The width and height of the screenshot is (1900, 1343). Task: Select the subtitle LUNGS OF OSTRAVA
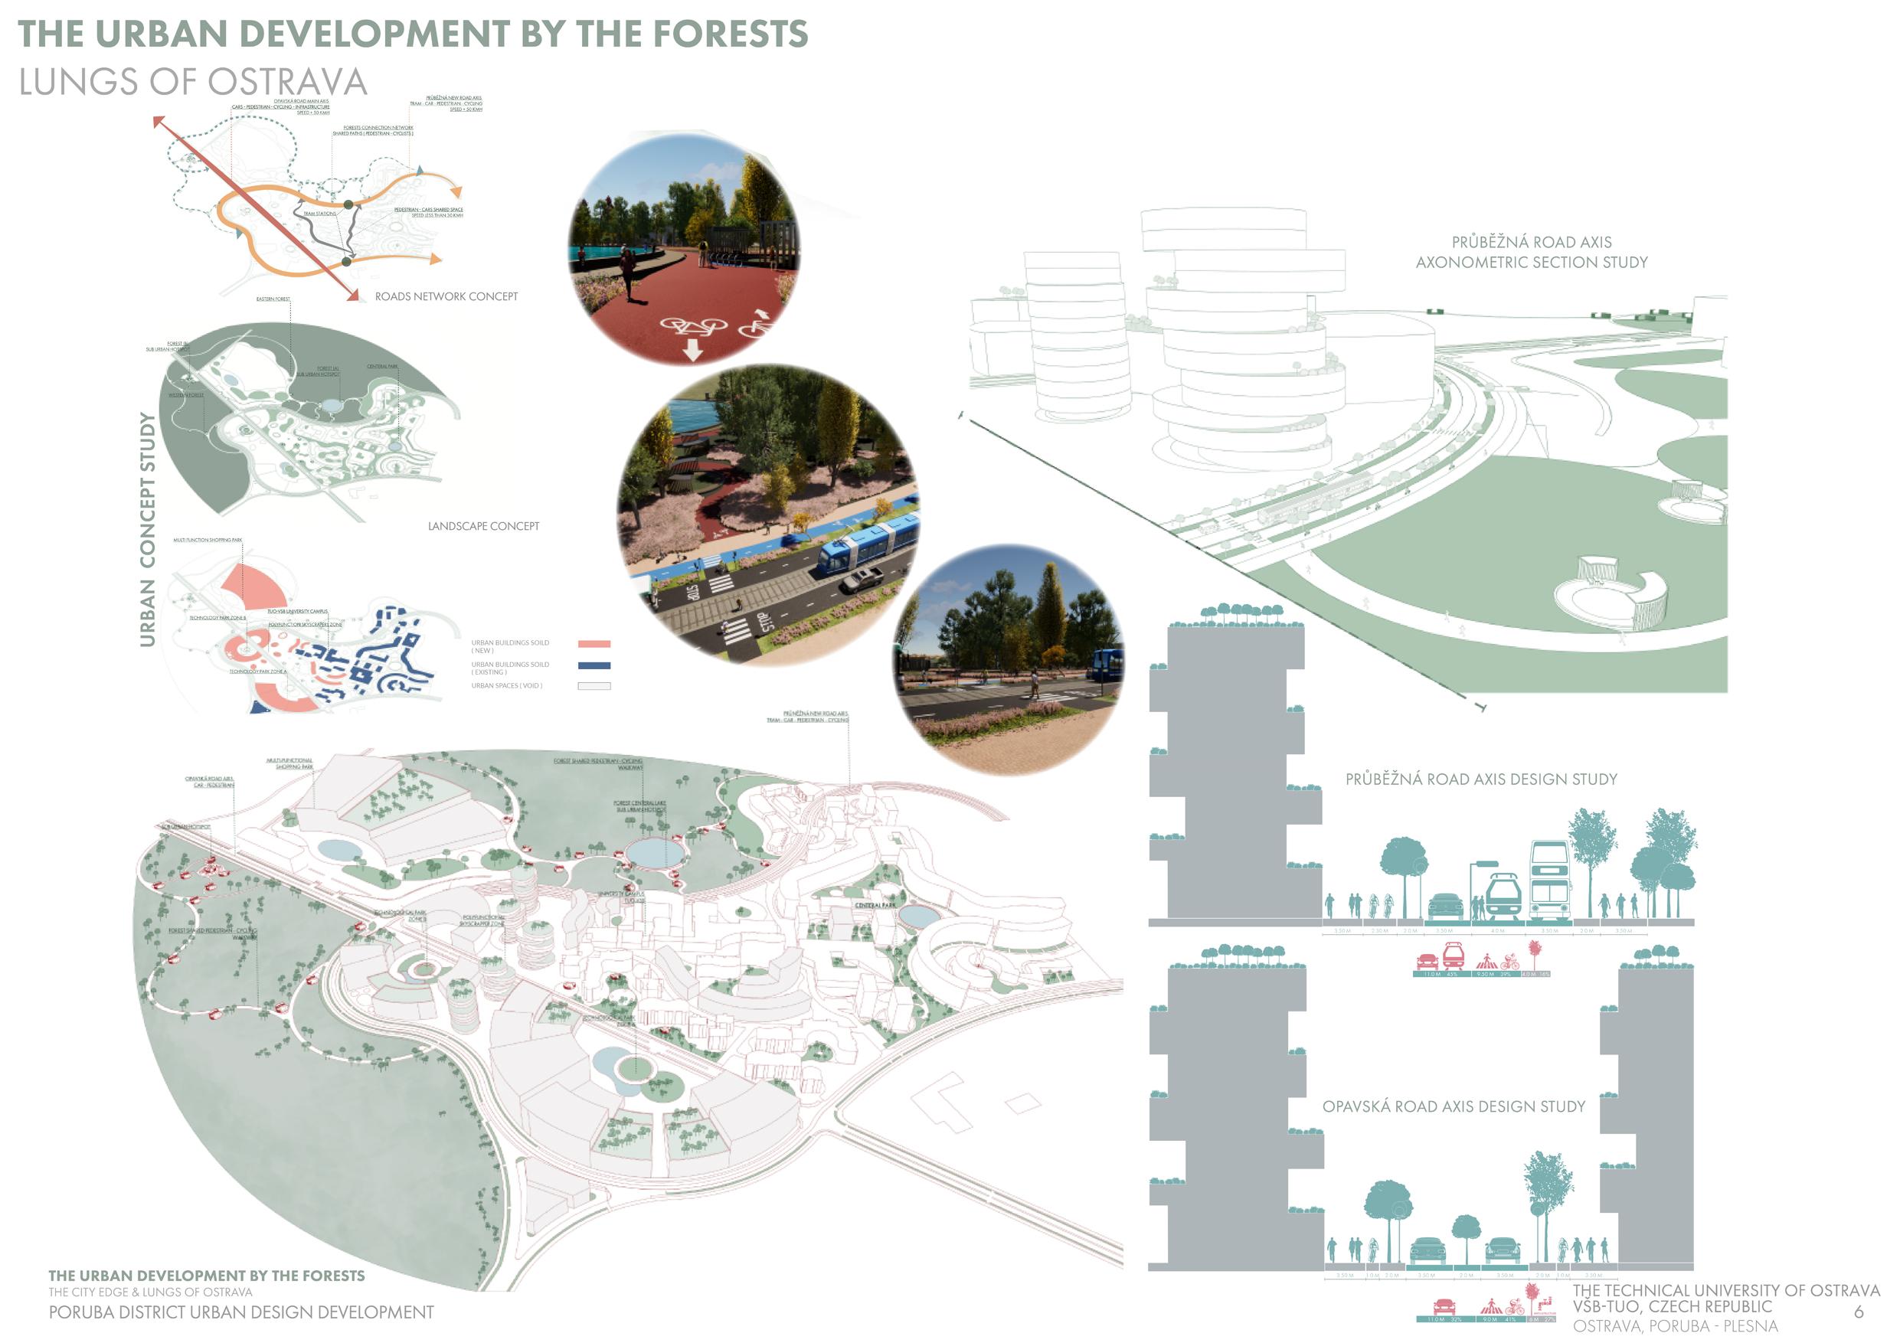[x=193, y=82]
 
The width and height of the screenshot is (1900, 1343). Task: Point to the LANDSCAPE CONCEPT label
[x=483, y=526]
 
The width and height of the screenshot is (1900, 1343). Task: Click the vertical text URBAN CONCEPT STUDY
[x=148, y=530]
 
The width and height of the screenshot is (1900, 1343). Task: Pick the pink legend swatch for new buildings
[x=594, y=644]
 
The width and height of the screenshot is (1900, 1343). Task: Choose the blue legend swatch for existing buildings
[x=594, y=665]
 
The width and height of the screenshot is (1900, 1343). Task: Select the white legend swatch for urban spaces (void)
[x=594, y=686]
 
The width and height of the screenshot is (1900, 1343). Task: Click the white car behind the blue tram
[x=861, y=580]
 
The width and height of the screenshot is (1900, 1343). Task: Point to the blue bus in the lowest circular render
[x=1107, y=665]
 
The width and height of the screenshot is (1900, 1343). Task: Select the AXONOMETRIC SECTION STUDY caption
[x=1531, y=263]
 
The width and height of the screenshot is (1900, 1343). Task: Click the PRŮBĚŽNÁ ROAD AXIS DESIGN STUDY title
[x=1480, y=779]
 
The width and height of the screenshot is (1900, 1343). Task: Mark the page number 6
[x=1859, y=1312]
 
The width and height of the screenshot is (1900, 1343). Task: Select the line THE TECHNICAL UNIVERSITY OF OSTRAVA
[x=1725, y=1291]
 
